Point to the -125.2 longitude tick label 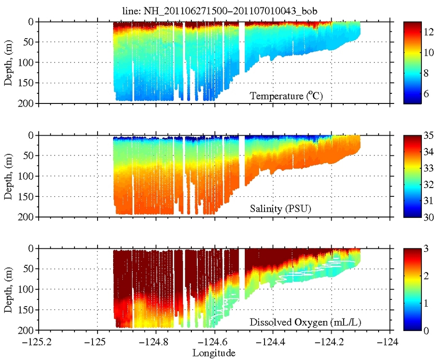point(39,342)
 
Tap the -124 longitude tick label point(391,342)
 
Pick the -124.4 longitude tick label point(274,342)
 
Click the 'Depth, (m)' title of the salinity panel point(8,177)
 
